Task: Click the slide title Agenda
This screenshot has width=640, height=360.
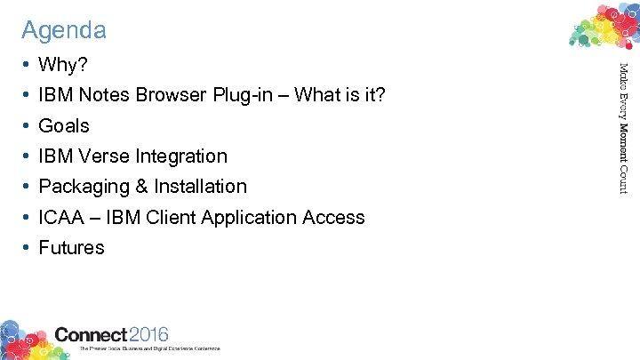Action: pyautogui.click(x=64, y=30)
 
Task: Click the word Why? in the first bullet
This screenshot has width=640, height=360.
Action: pyautogui.click(x=63, y=65)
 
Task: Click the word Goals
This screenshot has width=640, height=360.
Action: pyautogui.click(x=64, y=126)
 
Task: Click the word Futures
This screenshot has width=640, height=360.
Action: pyautogui.click(x=71, y=248)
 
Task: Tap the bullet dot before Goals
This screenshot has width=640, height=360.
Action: pyautogui.click(x=27, y=126)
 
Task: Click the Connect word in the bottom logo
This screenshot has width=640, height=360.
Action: pyautogui.click(x=91, y=334)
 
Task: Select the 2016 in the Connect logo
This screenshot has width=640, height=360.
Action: pyautogui.click(x=148, y=334)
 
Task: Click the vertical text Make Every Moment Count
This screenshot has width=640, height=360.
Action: pyautogui.click(x=624, y=126)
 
